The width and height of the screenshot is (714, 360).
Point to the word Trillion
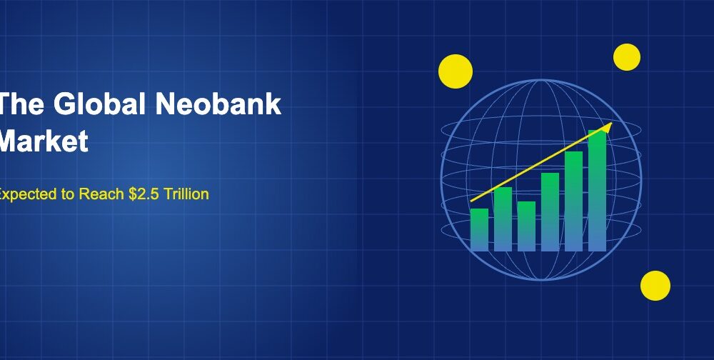click(186, 194)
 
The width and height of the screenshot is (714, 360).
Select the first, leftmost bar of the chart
click(479, 230)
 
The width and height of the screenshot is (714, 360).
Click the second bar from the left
click(503, 219)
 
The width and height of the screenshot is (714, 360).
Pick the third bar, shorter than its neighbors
click(526, 226)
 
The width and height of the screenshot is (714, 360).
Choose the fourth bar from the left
click(550, 212)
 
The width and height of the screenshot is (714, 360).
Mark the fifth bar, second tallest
click(573, 201)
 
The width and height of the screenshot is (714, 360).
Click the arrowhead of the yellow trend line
click(608, 126)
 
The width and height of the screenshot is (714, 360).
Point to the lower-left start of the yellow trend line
click(472, 201)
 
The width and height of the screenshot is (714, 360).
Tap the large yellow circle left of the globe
click(456, 71)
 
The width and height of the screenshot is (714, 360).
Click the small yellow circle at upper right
click(627, 57)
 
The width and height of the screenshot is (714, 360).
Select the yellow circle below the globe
click(655, 286)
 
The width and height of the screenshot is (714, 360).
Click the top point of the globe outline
click(540, 79)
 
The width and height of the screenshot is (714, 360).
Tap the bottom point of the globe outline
click(540, 281)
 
